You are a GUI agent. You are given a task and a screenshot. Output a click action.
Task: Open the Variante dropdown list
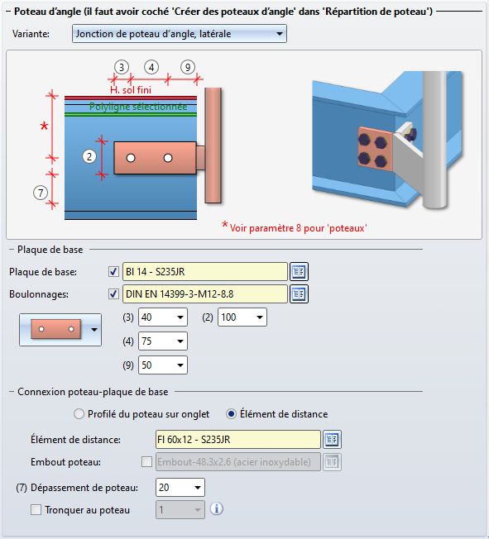[180, 34]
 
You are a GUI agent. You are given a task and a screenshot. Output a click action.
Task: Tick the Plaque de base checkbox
[113, 271]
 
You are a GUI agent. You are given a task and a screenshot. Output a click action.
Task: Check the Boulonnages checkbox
[113, 294]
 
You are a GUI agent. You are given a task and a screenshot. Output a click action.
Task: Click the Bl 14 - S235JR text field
[204, 271]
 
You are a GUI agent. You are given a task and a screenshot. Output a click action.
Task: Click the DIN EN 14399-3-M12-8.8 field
[204, 294]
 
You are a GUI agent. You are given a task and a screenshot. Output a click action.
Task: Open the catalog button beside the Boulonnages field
[299, 294]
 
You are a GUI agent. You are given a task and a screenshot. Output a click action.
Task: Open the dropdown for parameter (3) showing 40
[163, 317]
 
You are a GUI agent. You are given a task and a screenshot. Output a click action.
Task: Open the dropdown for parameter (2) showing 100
[242, 317]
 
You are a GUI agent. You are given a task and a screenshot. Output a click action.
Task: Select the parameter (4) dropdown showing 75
[163, 341]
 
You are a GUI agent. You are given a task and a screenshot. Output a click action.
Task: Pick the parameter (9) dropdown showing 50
[163, 365]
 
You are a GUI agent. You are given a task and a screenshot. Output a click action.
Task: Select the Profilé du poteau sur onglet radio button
[79, 414]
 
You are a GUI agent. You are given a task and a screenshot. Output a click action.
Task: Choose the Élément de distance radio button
[231, 414]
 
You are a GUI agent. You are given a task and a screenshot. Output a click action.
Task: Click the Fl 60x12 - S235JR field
[237, 439]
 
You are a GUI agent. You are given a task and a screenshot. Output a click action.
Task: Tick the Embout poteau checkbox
[146, 461]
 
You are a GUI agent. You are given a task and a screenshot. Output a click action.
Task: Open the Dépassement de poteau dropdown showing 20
[180, 488]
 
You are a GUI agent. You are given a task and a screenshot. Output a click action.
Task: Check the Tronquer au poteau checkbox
[36, 510]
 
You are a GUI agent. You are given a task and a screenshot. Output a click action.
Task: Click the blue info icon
[217, 508]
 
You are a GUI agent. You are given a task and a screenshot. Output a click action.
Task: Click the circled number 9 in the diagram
[188, 68]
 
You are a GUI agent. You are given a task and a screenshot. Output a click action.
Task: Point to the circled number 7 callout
[41, 193]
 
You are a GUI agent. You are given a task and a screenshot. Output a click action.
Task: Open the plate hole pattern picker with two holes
[60, 329]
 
